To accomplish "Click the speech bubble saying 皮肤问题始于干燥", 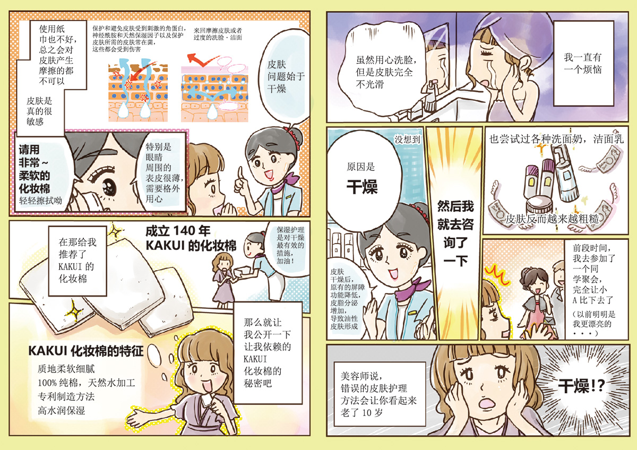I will pyautogui.click(x=285, y=76).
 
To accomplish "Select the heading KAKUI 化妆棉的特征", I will pyautogui.click(x=85, y=351).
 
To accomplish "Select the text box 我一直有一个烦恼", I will pyautogui.click(x=583, y=63).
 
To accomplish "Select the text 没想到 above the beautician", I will pyautogui.click(x=407, y=139).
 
